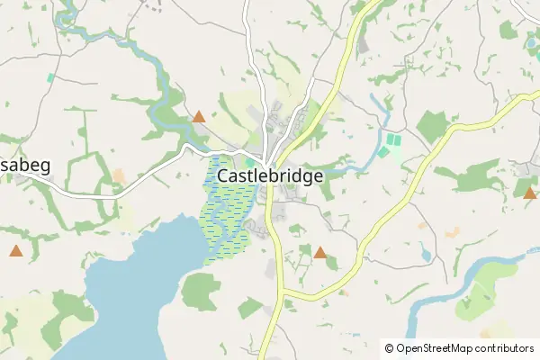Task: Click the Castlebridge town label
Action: click(x=271, y=176)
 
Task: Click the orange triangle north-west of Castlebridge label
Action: click(x=199, y=116)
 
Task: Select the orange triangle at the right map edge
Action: click(x=529, y=192)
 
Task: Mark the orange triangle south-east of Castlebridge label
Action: click(x=320, y=252)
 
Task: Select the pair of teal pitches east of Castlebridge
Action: click(x=390, y=146)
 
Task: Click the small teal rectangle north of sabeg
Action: click(x=50, y=78)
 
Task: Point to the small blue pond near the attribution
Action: click(x=425, y=255)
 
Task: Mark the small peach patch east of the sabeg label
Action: click(x=118, y=174)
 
